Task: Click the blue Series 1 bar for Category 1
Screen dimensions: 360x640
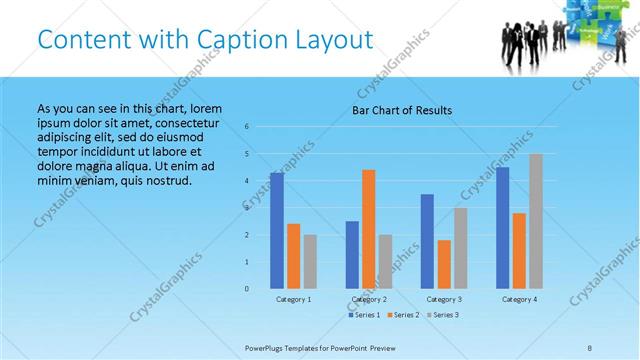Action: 277,231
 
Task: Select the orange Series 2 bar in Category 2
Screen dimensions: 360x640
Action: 369,229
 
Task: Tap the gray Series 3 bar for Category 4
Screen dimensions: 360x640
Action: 536,221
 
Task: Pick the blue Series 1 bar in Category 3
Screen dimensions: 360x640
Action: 427,241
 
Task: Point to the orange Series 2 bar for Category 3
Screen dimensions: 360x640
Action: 444,264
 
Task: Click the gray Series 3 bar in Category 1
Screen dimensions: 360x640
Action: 310,262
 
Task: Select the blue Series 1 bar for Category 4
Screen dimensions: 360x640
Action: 502,228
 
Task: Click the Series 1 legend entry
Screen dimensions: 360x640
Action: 365,315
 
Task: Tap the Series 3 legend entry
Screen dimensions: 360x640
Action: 443,315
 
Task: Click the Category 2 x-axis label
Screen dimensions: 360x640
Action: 369,299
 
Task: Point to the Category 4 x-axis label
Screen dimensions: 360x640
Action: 519,299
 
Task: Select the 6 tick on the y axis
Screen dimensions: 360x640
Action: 246,127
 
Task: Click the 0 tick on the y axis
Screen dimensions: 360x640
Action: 246,289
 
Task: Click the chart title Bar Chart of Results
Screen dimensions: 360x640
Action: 402,110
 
